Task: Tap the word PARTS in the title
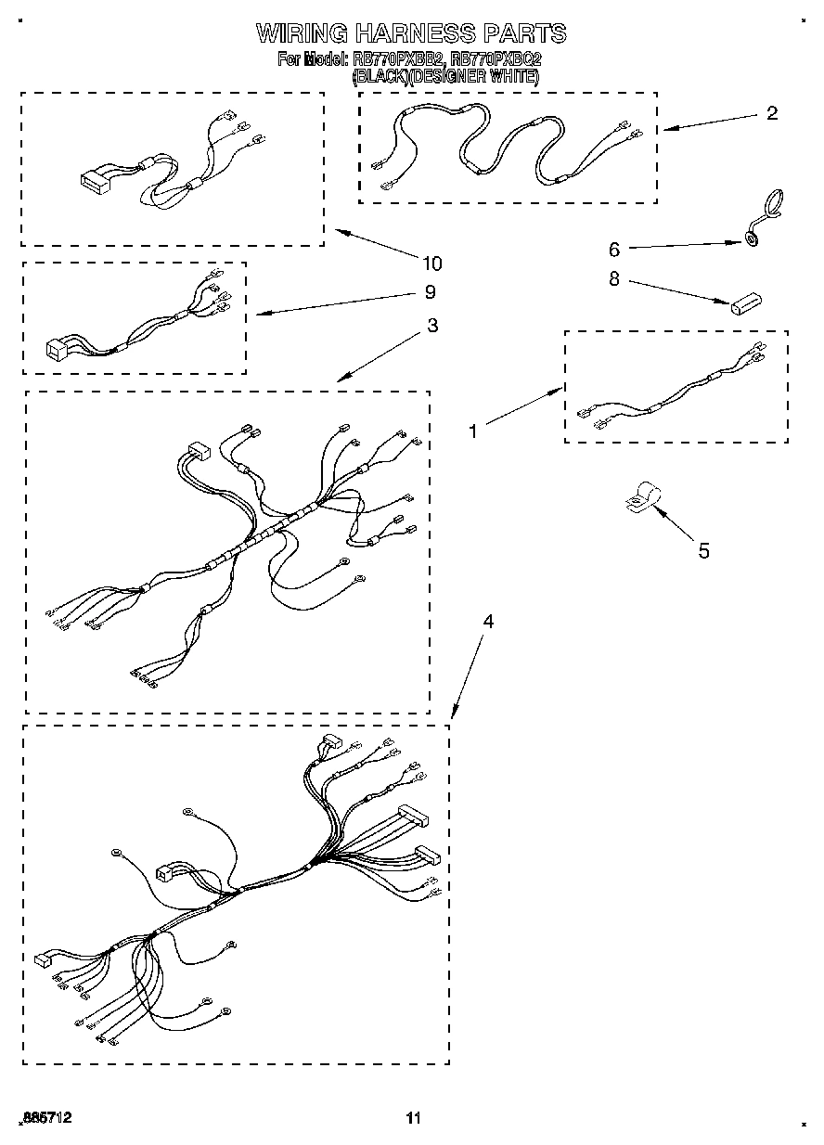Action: (525, 34)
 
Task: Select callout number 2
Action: (771, 114)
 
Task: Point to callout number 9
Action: (430, 291)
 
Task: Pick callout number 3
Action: (432, 326)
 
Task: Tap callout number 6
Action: (613, 249)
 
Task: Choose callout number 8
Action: (613, 278)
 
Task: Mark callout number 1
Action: (473, 431)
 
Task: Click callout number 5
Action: (703, 551)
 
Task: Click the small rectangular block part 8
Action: (744, 302)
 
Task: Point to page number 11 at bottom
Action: (413, 1118)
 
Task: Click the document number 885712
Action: (45, 1118)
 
